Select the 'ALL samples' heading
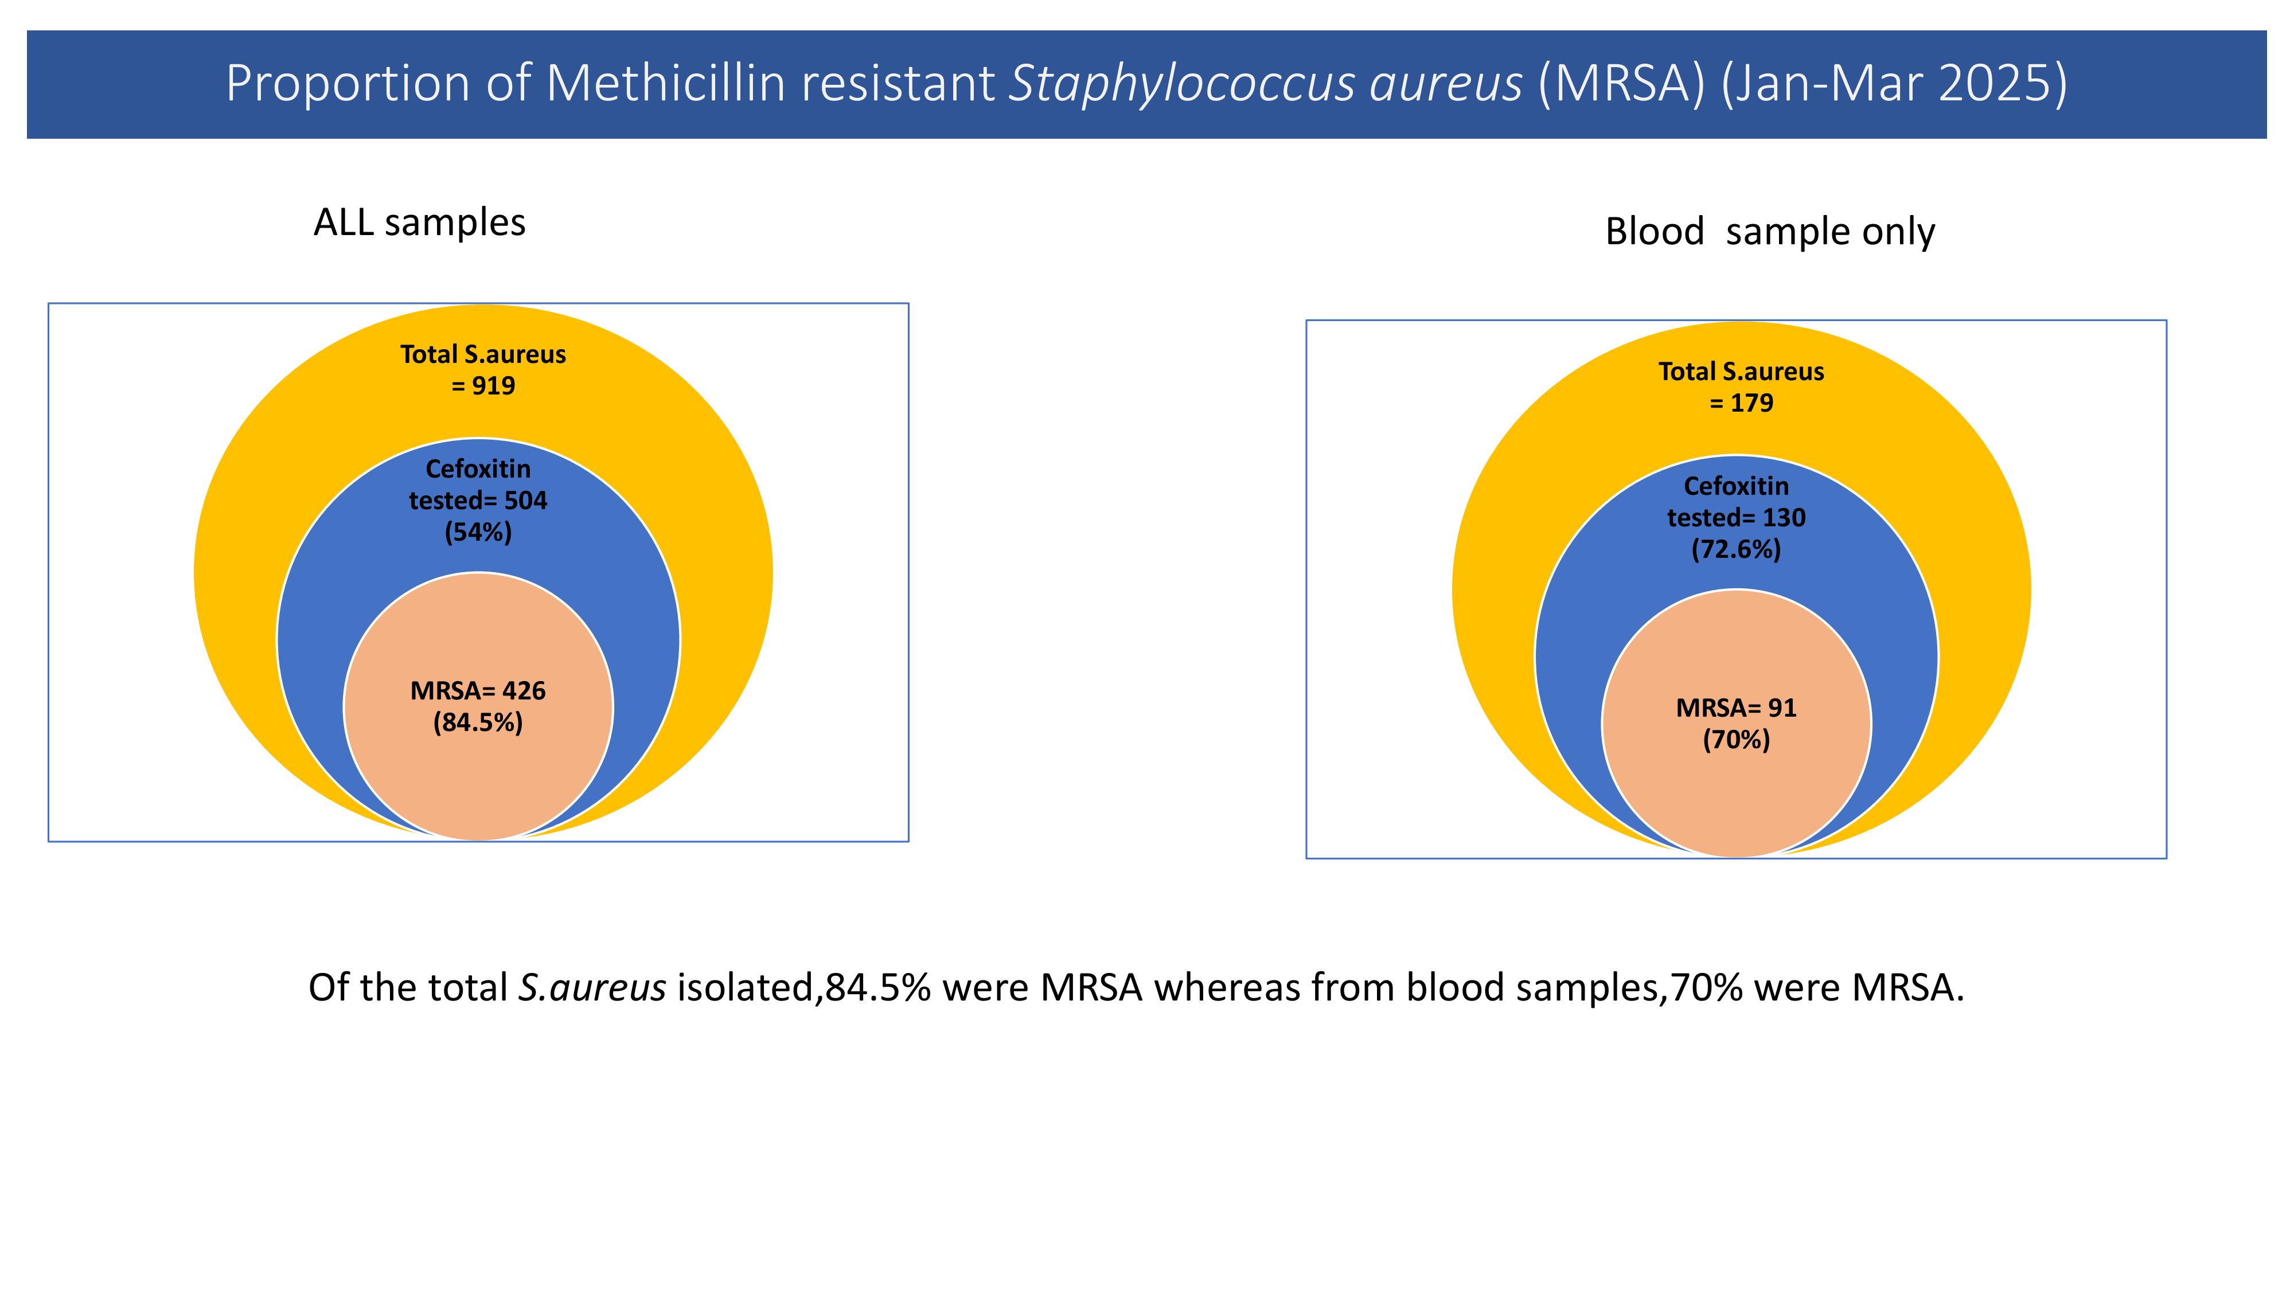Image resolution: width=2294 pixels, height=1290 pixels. [x=419, y=222]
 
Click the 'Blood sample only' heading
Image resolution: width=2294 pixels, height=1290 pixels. [x=1769, y=232]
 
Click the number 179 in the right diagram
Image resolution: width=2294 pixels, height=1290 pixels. [x=1751, y=402]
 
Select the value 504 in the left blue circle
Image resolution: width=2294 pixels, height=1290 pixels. [x=525, y=501]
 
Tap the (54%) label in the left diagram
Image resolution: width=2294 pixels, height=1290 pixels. [x=478, y=533]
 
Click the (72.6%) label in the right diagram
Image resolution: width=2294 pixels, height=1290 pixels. [x=1737, y=549]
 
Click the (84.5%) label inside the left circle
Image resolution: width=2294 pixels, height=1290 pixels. [x=478, y=722]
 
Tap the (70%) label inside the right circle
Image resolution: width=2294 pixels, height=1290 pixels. [x=1737, y=740]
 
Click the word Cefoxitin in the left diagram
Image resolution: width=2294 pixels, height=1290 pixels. [x=478, y=468]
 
